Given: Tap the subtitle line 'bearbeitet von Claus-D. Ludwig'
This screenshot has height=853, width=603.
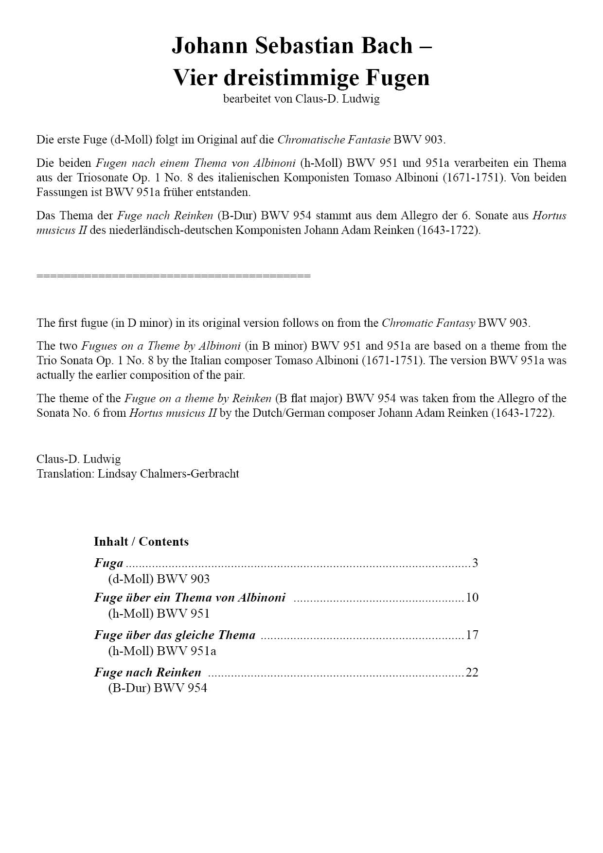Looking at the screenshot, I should pos(301,99).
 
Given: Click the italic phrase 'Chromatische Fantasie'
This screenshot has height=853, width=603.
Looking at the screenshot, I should pos(334,140).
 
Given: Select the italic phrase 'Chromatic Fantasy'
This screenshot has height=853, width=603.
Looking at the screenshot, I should pos(428,323).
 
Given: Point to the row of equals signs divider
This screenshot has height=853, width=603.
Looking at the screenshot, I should pos(173,276).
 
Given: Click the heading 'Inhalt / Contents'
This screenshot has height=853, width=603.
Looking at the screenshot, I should pos(141,542).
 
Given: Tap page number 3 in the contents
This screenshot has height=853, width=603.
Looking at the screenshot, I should pos(475,563).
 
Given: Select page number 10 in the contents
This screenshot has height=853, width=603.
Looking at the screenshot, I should pos(472,597).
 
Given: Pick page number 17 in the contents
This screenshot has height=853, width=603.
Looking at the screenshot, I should pos(472,635).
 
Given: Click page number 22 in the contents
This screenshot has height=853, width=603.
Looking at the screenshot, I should pos(472,672).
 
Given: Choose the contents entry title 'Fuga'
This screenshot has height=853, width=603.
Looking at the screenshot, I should pos(108,563).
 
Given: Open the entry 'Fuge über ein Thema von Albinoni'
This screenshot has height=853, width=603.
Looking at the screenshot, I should pos(190,597).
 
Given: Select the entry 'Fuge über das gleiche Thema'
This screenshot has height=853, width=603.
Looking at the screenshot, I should pos(175,635).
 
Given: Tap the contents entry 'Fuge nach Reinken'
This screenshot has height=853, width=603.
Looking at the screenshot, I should pos(147,672).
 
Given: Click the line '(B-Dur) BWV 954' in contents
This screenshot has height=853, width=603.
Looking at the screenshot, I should pos(157,688).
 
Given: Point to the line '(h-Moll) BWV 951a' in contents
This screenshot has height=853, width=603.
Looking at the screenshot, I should pos(162,651).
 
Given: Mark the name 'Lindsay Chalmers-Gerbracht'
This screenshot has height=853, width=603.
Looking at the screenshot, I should pos(168,474).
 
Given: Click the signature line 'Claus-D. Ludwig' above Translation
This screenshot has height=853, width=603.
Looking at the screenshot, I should pos(79,459).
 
